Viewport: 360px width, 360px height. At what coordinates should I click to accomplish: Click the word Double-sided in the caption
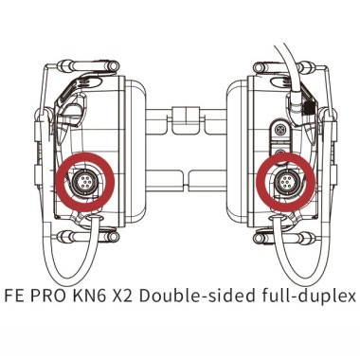[197, 296]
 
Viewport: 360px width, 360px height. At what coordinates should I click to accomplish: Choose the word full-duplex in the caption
[309, 297]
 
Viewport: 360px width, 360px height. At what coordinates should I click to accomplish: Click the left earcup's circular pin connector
[83, 182]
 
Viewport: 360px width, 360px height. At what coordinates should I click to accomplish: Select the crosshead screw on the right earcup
[279, 129]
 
